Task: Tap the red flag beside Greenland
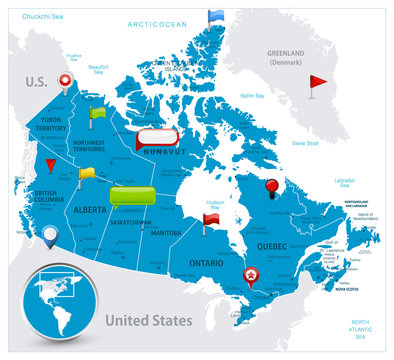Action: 318,81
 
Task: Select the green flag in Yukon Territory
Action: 97,113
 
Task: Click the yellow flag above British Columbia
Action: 87,173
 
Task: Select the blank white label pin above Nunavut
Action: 157,137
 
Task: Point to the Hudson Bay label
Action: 214,204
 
